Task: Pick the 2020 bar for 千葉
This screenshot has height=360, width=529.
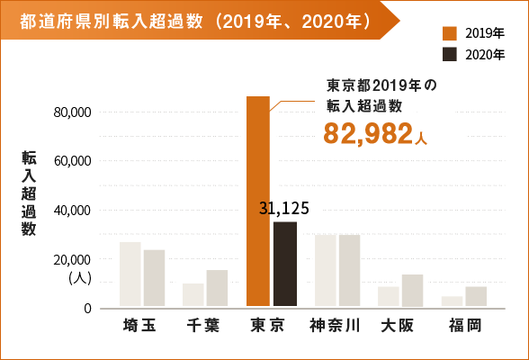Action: (217, 288)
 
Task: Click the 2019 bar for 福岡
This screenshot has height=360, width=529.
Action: (452, 301)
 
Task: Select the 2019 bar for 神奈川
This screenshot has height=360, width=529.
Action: (326, 270)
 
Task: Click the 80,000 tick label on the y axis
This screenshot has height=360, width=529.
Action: (74, 112)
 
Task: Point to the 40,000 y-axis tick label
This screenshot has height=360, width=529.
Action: (74, 211)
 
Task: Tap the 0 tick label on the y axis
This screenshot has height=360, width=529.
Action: (88, 309)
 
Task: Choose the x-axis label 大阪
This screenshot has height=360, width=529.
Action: (397, 326)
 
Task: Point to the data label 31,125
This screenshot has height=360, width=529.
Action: (283, 208)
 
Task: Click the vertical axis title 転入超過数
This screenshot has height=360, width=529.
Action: (30, 193)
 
